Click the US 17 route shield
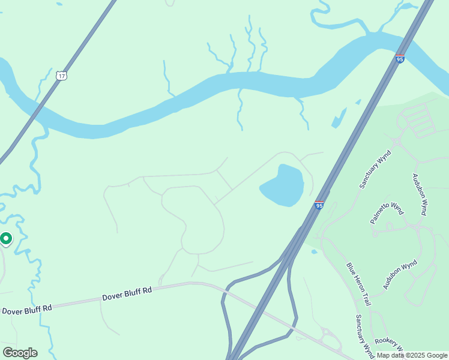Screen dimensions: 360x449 [x=60, y=75]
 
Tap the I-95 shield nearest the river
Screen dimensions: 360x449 [x=400, y=58]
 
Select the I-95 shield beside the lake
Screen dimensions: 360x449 [x=319, y=205]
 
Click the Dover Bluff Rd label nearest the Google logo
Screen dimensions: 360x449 [x=27, y=310]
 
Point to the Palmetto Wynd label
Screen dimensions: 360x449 [x=387, y=213]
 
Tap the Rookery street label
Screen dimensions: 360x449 [x=387, y=341]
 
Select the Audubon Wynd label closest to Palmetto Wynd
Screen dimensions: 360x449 [x=420, y=194]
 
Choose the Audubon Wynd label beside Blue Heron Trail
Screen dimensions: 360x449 [x=400, y=275]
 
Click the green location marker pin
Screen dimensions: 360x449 [x=6, y=239]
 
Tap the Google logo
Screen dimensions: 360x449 [x=20, y=353]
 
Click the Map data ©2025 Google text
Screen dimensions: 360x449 [x=412, y=355]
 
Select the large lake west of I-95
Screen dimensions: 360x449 [x=283, y=185]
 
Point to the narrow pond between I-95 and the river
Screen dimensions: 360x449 [x=339, y=118]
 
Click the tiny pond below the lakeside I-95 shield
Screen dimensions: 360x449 [x=314, y=251]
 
